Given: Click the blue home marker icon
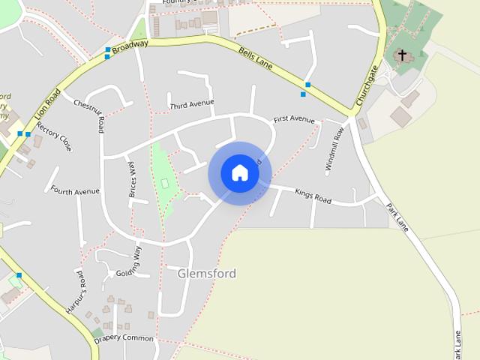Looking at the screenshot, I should coord(240,172).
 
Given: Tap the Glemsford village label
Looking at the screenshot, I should coord(207,274).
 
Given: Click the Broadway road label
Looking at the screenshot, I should coord(130,46).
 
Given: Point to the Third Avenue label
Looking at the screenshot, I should coord(192,103).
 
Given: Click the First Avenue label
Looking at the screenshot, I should coord(294,119).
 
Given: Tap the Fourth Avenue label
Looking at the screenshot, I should coord(75,191).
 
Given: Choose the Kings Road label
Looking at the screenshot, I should coord(313,196).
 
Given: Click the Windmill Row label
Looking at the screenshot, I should coord(334,151).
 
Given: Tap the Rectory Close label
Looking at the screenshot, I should coord(55,136).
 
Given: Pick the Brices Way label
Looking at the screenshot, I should coord(132,179).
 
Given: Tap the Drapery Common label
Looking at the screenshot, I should coord(124,339).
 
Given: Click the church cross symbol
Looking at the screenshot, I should coord(402,55).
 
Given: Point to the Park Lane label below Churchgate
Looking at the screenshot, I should coord(397,217).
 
